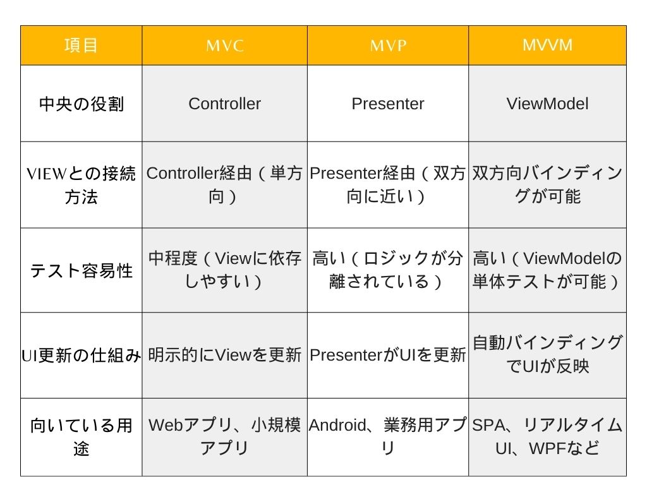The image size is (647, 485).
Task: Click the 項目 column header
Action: click(x=81, y=45)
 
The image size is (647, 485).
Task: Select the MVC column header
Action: click(x=225, y=45)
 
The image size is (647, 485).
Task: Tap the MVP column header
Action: click(x=388, y=45)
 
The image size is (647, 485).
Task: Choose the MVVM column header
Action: click(x=547, y=45)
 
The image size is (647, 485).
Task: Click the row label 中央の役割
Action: click(x=82, y=104)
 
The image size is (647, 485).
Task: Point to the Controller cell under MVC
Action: click(x=225, y=104)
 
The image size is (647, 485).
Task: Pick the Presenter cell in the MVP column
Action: click(x=388, y=104)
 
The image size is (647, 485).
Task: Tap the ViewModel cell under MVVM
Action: click(x=547, y=104)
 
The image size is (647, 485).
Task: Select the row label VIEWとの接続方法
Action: click(x=82, y=185)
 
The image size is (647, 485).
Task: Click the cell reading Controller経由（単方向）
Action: click(x=225, y=185)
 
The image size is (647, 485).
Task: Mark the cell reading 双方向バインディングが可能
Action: click(x=547, y=185)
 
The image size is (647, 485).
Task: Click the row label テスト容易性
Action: click(x=82, y=270)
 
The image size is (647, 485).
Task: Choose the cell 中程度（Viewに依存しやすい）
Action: click(x=225, y=270)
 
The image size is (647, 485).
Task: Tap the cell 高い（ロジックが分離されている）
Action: click(x=388, y=270)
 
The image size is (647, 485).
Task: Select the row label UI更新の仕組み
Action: click(x=82, y=356)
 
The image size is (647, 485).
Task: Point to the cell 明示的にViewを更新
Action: click(x=225, y=355)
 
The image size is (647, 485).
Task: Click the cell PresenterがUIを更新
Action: click(x=388, y=355)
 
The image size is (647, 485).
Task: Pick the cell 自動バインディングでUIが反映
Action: click(x=547, y=354)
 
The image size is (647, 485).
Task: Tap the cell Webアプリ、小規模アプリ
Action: click(x=225, y=436)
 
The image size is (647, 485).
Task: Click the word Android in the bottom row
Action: click(x=337, y=425)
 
